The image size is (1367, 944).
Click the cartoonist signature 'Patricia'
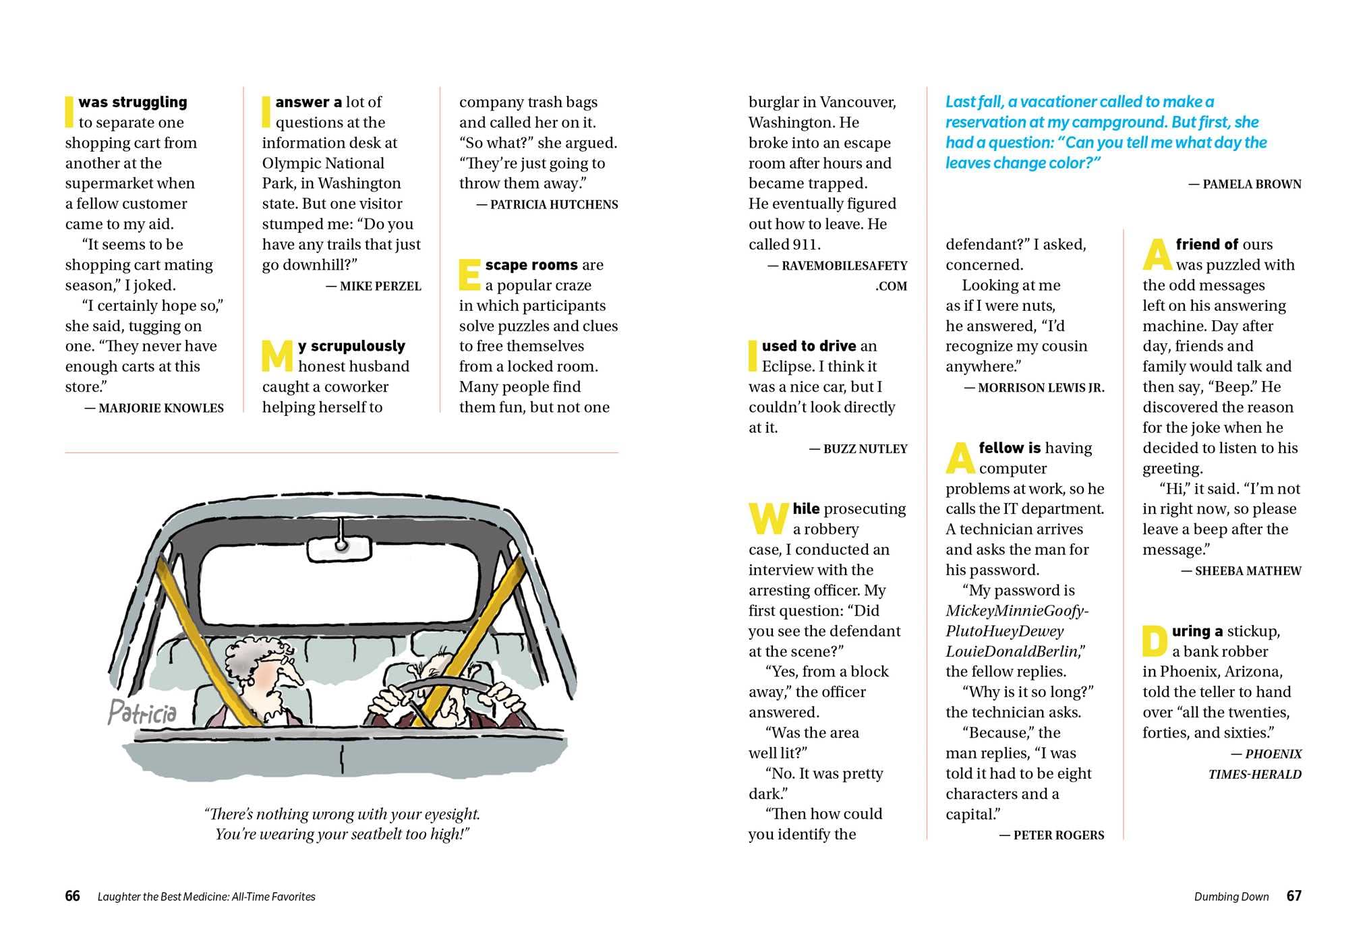(142, 712)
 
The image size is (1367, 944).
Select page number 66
(72, 896)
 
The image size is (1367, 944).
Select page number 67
(1293, 896)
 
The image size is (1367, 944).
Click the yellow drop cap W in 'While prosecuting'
(767, 518)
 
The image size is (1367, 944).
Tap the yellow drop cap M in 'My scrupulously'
(277, 355)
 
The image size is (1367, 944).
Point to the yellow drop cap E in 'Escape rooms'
(469, 274)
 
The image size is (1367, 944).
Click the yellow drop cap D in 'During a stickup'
(1154, 641)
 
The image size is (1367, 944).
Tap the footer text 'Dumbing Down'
(1231, 897)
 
